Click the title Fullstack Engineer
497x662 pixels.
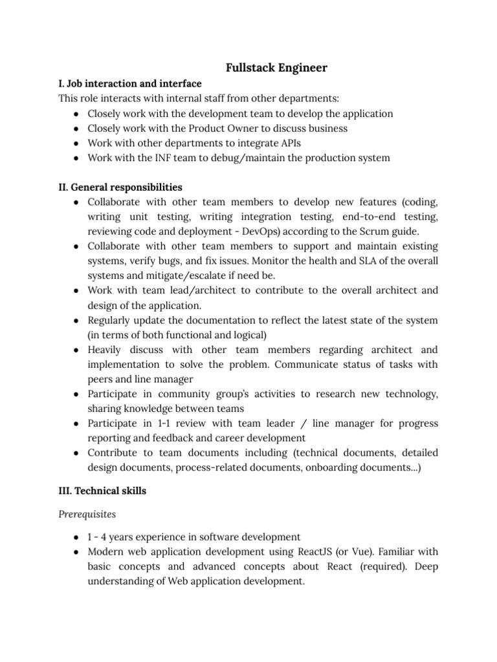pyautogui.click(x=276, y=67)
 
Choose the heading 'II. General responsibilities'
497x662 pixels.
pyautogui.click(x=120, y=187)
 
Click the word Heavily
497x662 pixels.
pyautogui.click(x=107, y=349)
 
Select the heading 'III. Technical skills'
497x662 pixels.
pyautogui.click(x=102, y=491)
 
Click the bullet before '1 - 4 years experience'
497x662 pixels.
pyautogui.click(x=76, y=537)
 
